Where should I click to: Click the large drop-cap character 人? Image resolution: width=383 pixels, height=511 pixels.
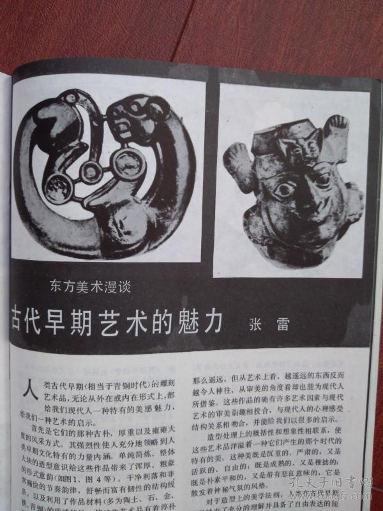point(27,388)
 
